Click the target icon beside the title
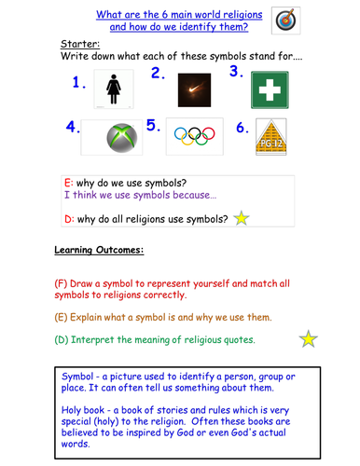[286, 20]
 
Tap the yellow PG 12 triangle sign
[270, 136]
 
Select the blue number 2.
[158, 74]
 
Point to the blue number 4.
[72, 126]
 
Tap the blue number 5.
[153, 126]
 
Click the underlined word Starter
[79, 44]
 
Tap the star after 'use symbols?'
[241, 219]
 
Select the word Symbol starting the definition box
[81, 377]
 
